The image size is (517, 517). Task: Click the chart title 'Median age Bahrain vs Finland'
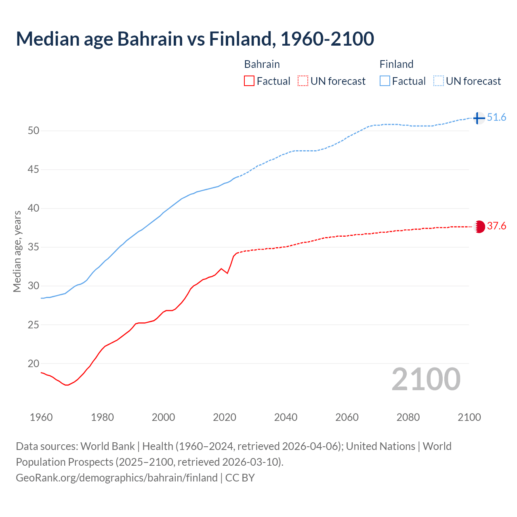pos(195,39)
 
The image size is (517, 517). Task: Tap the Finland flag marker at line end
pos(479,118)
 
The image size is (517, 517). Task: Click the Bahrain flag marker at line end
pos(479,227)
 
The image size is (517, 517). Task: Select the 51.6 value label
pos(496,118)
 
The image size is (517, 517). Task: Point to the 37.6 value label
pos(496,226)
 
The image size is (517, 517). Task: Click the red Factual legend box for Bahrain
pos(249,81)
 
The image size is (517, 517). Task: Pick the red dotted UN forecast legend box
pos(303,81)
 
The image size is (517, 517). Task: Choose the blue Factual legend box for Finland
pos(385,81)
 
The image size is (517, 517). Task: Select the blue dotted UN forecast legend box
pos(439,81)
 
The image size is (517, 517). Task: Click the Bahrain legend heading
pos(262,64)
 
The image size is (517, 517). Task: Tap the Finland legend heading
pos(396,64)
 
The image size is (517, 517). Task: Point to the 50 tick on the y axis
pos(33,131)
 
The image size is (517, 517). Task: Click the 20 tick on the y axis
pos(33,364)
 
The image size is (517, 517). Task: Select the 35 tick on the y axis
pos(33,247)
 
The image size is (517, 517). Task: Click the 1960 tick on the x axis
pos(41,417)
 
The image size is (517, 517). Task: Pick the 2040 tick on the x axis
pos(286,417)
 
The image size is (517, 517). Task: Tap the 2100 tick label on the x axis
pos(469,417)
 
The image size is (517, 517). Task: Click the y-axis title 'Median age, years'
pos(17,251)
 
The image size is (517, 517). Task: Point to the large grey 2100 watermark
pos(426,379)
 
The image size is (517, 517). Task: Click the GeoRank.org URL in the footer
pos(117,478)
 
